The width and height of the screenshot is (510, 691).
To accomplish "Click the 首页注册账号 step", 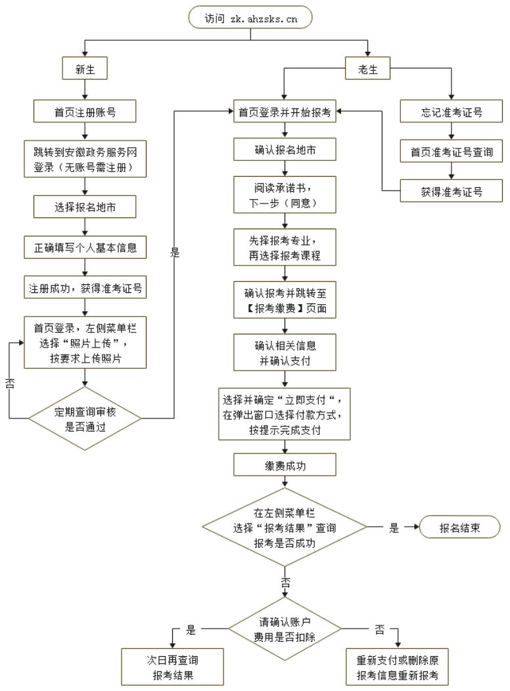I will tap(85, 112).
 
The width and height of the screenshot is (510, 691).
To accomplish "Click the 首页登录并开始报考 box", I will tap(285, 112).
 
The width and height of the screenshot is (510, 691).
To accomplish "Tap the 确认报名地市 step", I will tap(285, 150).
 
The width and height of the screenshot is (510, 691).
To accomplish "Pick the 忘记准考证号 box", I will tap(451, 112).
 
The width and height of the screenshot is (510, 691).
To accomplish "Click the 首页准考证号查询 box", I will tap(451, 152).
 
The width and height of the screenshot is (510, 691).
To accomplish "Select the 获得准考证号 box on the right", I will tap(451, 192).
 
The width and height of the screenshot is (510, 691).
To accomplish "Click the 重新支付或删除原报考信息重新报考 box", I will tap(397, 668).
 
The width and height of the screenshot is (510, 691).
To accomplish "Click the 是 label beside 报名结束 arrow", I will tap(394, 527).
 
